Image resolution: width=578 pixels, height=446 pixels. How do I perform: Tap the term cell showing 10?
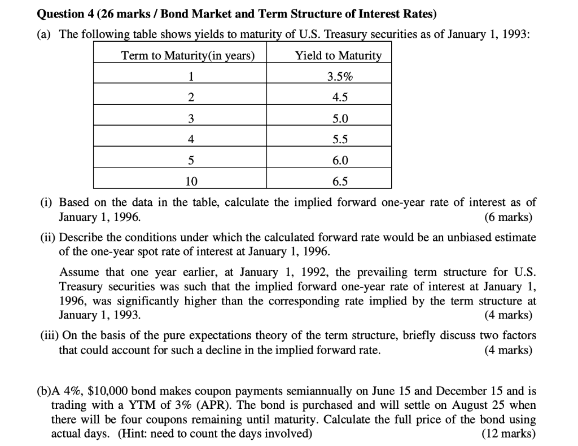(191, 181)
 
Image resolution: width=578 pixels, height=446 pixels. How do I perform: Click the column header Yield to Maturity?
(338, 55)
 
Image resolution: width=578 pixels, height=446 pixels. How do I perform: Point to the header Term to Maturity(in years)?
(188, 55)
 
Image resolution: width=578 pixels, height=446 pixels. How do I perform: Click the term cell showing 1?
(191, 76)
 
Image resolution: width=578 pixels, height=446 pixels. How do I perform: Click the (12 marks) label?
(507, 434)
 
